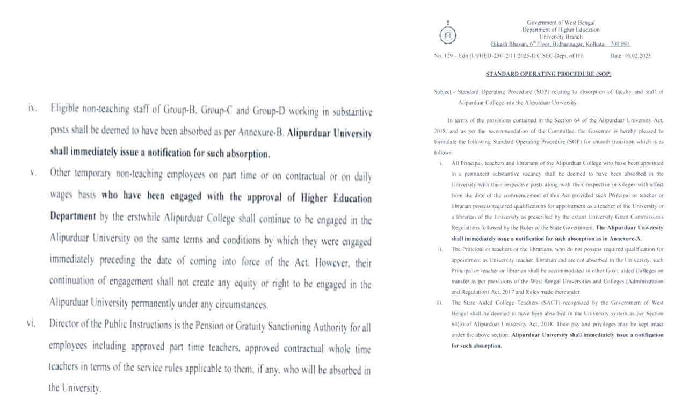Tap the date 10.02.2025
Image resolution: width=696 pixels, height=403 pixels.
(638, 56)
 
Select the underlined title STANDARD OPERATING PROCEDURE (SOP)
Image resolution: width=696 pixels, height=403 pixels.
(548, 74)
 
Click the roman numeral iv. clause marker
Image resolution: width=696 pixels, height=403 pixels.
(33, 109)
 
